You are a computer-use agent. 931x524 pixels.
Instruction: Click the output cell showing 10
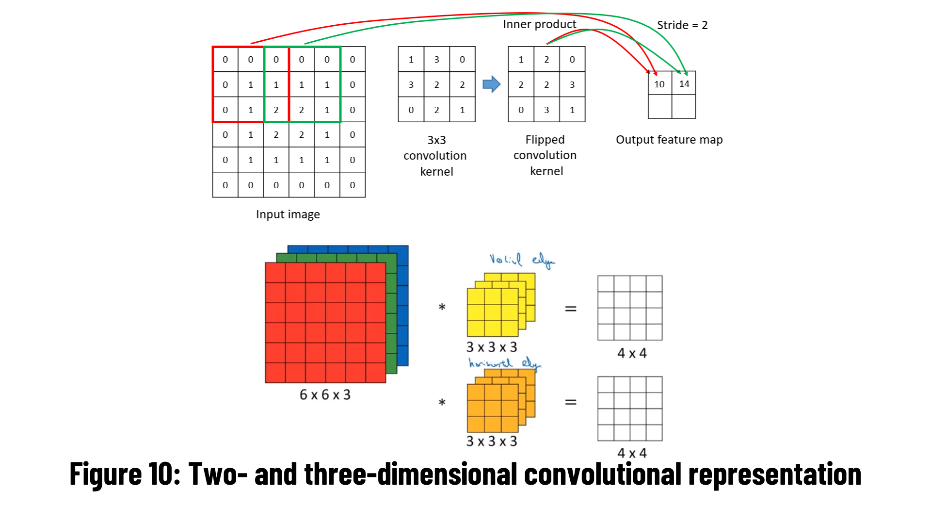(659, 84)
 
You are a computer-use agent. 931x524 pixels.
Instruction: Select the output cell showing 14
(684, 83)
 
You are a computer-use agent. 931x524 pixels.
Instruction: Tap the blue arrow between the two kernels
(491, 84)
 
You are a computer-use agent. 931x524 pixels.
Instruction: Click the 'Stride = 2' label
(682, 25)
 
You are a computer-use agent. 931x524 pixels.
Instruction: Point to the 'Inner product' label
(539, 24)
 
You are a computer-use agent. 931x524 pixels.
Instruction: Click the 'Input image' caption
(288, 214)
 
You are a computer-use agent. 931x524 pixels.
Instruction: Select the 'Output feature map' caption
(669, 140)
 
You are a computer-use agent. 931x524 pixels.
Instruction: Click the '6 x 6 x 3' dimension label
(325, 395)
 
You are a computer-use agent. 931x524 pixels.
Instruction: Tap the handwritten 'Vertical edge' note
(522, 260)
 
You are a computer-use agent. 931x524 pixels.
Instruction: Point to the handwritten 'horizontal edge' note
(504, 363)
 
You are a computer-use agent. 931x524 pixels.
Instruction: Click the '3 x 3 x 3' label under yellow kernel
(492, 347)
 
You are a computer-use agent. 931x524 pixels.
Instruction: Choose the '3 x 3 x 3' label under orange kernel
(492, 442)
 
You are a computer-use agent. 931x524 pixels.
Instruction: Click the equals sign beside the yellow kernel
(571, 309)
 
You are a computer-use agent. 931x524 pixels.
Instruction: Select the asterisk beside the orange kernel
(442, 402)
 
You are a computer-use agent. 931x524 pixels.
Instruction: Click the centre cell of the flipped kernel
(546, 84)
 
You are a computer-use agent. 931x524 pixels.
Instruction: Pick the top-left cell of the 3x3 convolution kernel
(411, 59)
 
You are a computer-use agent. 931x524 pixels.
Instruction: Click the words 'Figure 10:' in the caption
(125, 474)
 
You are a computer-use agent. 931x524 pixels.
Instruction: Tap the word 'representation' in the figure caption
(774, 474)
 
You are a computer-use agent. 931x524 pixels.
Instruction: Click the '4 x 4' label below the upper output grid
(632, 353)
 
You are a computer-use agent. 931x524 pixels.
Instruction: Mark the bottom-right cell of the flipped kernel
(572, 110)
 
